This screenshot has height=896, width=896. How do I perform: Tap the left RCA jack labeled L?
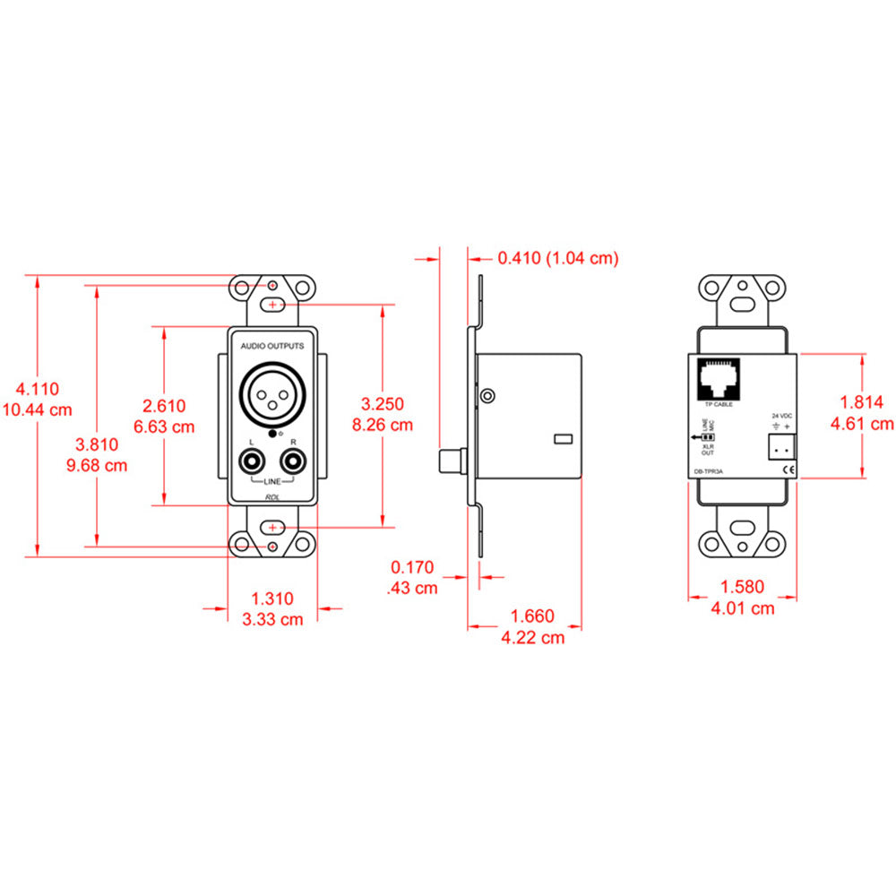point(252,463)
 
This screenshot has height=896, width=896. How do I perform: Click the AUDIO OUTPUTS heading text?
point(272,345)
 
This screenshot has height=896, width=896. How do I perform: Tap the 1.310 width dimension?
point(271,599)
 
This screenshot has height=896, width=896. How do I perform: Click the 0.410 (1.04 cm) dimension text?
point(557,258)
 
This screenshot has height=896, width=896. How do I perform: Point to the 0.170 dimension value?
point(412,567)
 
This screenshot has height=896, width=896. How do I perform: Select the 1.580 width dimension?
point(742,588)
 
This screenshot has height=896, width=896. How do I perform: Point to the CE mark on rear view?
point(788,469)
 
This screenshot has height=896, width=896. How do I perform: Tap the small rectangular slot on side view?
point(562,439)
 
